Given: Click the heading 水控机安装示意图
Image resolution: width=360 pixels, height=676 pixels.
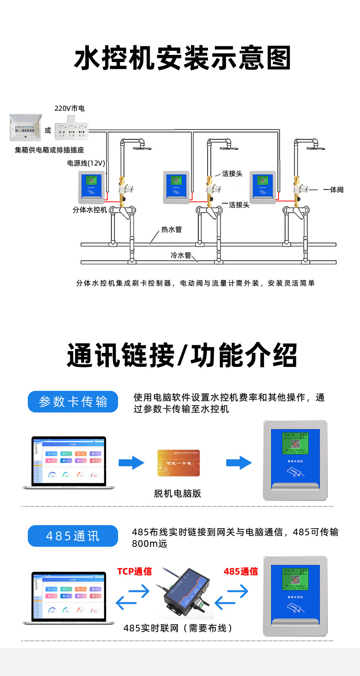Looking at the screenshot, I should pyautogui.click(x=182, y=58).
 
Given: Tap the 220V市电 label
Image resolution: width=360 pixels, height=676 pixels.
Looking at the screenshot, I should pyautogui.click(x=69, y=108).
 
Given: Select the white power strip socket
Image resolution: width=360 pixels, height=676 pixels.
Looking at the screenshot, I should pyautogui.click(x=72, y=131).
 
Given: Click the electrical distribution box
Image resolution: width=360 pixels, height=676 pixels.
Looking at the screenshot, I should pyautogui.click(x=25, y=128).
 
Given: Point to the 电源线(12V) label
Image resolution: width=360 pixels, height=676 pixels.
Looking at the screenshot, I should pyautogui.click(x=86, y=163).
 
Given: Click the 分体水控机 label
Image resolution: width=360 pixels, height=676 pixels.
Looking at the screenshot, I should pyautogui.click(x=90, y=210).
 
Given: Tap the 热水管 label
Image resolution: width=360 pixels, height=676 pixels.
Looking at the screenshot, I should pyautogui.click(x=171, y=230).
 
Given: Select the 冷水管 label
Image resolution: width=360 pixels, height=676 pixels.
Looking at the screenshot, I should pyautogui.click(x=181, y=255).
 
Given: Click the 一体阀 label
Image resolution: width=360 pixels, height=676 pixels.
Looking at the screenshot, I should pyautogui.click(x=333, y=190).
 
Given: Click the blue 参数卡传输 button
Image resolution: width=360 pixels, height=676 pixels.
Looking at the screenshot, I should pyautogui.click(x=73, y=402).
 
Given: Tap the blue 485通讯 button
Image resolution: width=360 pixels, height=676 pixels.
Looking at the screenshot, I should pyautogui.click(x=73, y=536).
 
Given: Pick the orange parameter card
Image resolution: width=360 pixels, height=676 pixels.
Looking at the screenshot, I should pyautogui.click(x=178, y=463).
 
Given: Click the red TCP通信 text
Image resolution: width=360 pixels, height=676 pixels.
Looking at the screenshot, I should pyautogui.click(x=134, y=571).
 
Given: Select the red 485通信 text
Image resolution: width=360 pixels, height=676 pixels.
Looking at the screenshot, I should pyautogui.click(x=241, y=571).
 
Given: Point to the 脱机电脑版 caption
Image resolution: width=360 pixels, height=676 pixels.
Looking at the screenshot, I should pyautogui.click(x=177, y=493).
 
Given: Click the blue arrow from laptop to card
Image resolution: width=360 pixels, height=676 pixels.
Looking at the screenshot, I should pyautogui.click(x=131, y=463).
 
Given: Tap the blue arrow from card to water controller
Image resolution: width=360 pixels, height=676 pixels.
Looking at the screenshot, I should pyautogui.click(x=239, y=463).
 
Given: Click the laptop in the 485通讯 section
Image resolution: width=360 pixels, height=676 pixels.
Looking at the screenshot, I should pyautogui.click(x=69, y=598).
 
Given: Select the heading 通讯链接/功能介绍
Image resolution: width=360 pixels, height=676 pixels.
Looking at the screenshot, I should pyautogui.click(x=182, y=355).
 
